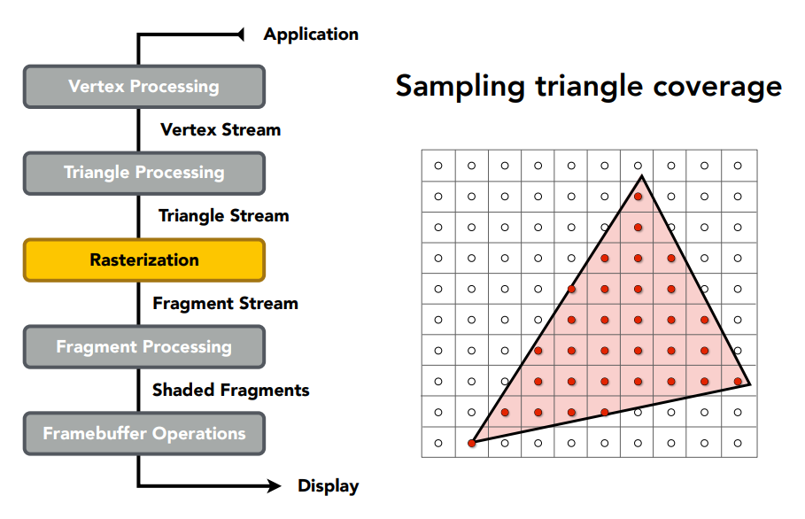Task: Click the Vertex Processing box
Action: coord(144,86)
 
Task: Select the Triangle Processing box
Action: coord(144,173)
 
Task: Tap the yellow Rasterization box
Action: coord(144,259)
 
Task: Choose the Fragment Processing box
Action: coord(144,346)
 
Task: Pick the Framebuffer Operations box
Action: coord(144,433)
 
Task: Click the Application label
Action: coord(311,35)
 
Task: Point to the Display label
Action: coord(328,485)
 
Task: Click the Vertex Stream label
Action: coord(221,129)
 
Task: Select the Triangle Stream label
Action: coord(224,215)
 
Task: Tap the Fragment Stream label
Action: coord(225,303)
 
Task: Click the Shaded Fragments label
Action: coord(231,390)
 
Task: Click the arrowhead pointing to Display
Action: coord(275,485)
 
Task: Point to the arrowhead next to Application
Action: coord(240,35)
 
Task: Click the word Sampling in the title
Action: coord(461,86)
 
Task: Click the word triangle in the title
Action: coord(590,86)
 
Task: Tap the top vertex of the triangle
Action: coord(641,176)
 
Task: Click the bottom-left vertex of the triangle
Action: coord(472,443)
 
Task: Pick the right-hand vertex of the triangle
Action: coord(749,383)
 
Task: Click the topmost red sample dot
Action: coord(639,197)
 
